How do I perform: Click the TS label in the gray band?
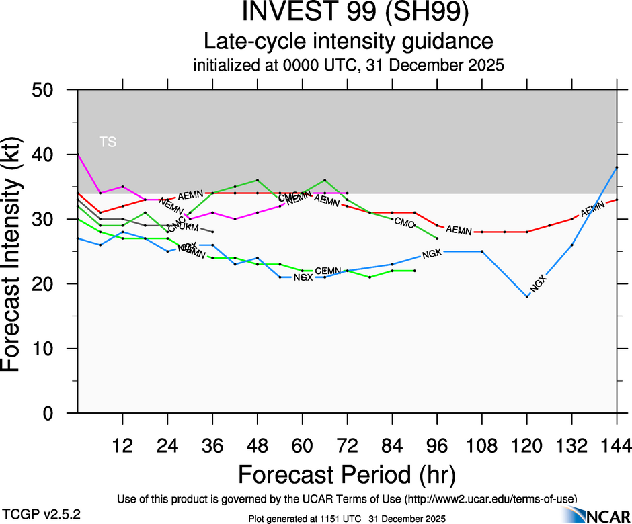coord(108,142)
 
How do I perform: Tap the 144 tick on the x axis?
coord(617,445)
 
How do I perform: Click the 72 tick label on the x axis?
coord(347,445)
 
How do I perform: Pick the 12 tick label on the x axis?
coord(122,445)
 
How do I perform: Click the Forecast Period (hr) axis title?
coord(347,474)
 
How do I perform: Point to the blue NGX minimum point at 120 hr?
coord(527,296)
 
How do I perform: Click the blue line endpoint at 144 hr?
coord(617,167)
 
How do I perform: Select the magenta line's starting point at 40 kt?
coord(78,155)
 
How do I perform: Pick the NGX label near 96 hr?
coord(432,253)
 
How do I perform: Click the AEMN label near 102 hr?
coord(459,230)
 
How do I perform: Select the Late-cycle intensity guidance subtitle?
coord(348,42)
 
